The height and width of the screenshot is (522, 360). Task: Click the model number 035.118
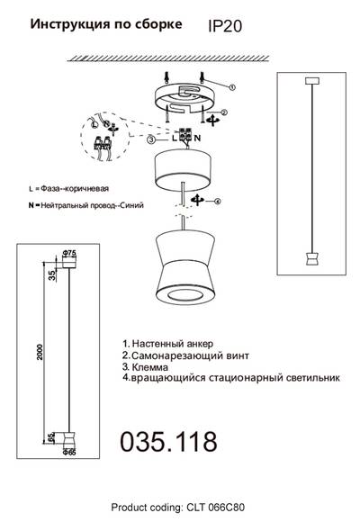pyautogui.click(x=168, y=442)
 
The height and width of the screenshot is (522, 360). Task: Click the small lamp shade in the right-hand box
pyautogui.click(x=311, y=260)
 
